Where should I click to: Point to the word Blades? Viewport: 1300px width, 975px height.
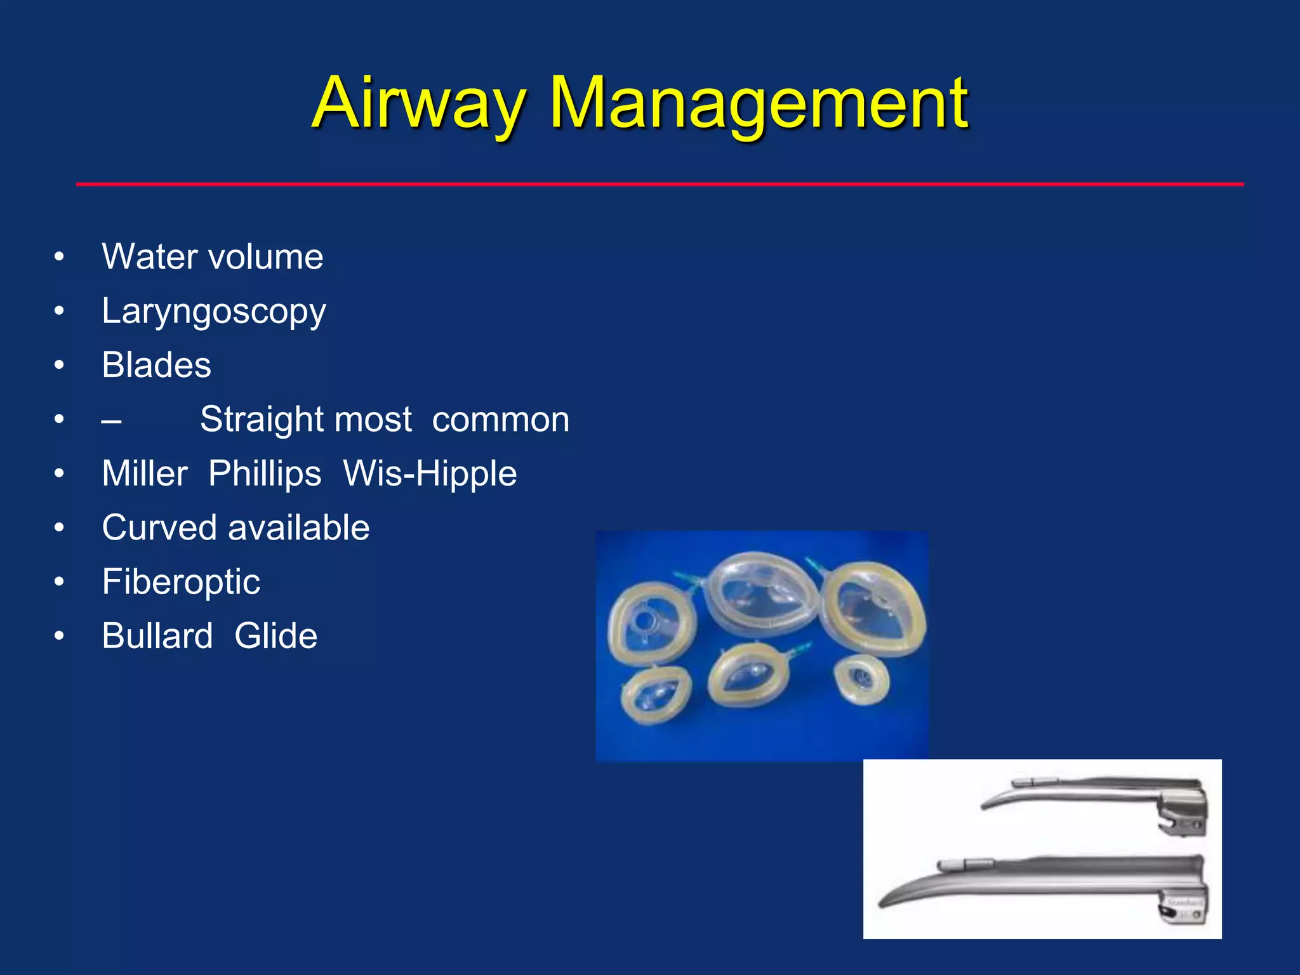tap(156, 366)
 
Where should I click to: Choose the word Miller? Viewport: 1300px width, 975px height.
tap(145, 474)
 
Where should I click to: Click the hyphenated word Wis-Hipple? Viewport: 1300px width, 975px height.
tap(430, 474)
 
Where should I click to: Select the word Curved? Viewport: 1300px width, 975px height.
tap(159, 528)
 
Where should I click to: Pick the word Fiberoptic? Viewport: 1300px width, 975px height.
tap(181, 582)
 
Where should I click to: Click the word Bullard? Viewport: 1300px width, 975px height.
tap(157, 636)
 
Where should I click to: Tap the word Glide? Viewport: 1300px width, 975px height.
tap(275, 636)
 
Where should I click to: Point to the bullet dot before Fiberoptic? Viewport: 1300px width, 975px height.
tap(59, 582)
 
